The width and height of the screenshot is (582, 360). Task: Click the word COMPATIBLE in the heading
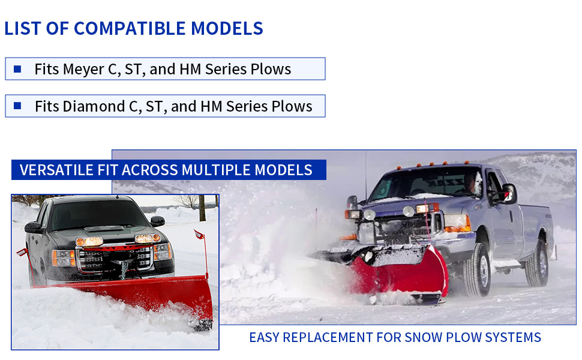point(130,29)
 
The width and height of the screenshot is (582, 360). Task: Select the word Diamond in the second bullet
point(94,107)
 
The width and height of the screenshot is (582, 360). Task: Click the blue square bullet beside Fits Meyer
point(17,69)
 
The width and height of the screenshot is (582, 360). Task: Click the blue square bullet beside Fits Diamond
point(17,106)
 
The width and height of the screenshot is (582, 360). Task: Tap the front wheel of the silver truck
point(478,269)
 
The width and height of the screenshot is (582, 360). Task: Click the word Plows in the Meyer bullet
point(271,70)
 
